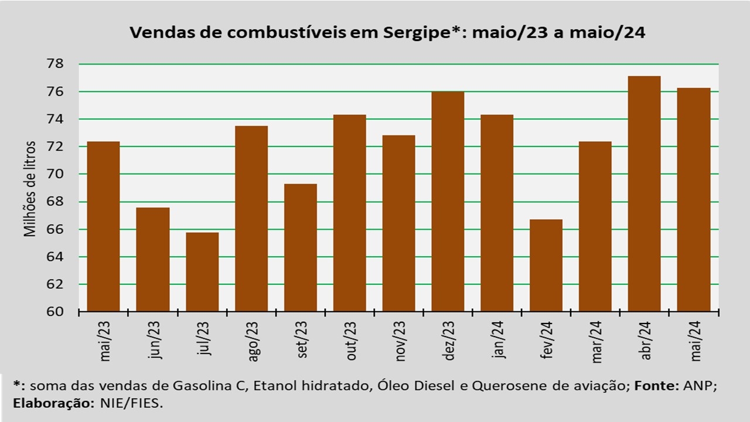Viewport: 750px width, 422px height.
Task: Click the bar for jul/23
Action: (202, 272)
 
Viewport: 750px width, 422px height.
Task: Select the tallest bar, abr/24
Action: (644, 194)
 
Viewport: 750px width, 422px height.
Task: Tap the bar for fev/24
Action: (546, 266)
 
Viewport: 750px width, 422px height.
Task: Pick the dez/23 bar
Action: (448, 202)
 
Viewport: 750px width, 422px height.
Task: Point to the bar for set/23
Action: (301, 248)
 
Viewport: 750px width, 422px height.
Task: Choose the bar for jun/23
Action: (153, 260)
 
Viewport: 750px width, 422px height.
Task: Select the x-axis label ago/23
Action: (253, 341)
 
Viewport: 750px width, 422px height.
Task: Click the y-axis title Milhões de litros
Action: (30, 189)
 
